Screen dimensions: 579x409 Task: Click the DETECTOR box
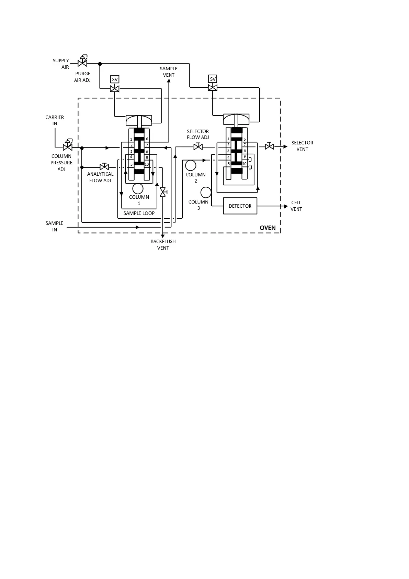[x=240, y=206]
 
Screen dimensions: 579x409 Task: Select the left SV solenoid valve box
[x=115, y=79]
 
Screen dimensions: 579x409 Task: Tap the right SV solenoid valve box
[x=213, y=79]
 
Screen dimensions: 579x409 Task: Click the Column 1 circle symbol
[x=138, y=189]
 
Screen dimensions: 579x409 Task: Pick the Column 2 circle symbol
[x=191, y=165]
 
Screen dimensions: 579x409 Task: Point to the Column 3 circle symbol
[x=206, y=192]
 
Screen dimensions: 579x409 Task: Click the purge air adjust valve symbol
[x=82, y=63]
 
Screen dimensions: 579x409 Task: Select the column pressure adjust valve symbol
[x=68, y=147]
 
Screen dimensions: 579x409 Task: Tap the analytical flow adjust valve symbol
[x=104, y=167]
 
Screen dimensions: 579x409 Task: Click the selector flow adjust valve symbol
[x=198, y=147]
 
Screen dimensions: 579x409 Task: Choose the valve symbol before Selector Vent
[x=270, y=146]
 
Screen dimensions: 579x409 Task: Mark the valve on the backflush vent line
[x=163, y=192]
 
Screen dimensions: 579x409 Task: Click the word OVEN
[x=268, y=228]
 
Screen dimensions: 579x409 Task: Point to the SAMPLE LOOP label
[x=139, y=213]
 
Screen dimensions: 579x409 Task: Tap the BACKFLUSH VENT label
[x=163, y=244]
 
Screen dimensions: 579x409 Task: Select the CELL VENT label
[x=296, y=206]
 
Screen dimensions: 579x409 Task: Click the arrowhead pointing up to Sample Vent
[x=169, y=81]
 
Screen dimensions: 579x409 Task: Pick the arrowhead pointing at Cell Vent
[x=286, y=206]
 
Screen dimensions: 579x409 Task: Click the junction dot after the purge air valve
[x=100, y=64]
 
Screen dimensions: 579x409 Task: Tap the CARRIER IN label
[x=55, y=120]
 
